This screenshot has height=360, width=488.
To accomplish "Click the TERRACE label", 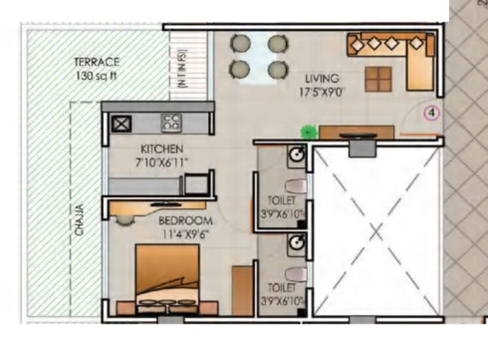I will [x=96, y=62].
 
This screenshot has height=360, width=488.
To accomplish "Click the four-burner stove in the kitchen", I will [x=171, y=122].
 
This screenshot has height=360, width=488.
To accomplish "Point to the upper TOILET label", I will [x=281, y=200].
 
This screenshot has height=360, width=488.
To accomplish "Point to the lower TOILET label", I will [x=281, y=287].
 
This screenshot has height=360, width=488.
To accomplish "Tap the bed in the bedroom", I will [x=167, y=275].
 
